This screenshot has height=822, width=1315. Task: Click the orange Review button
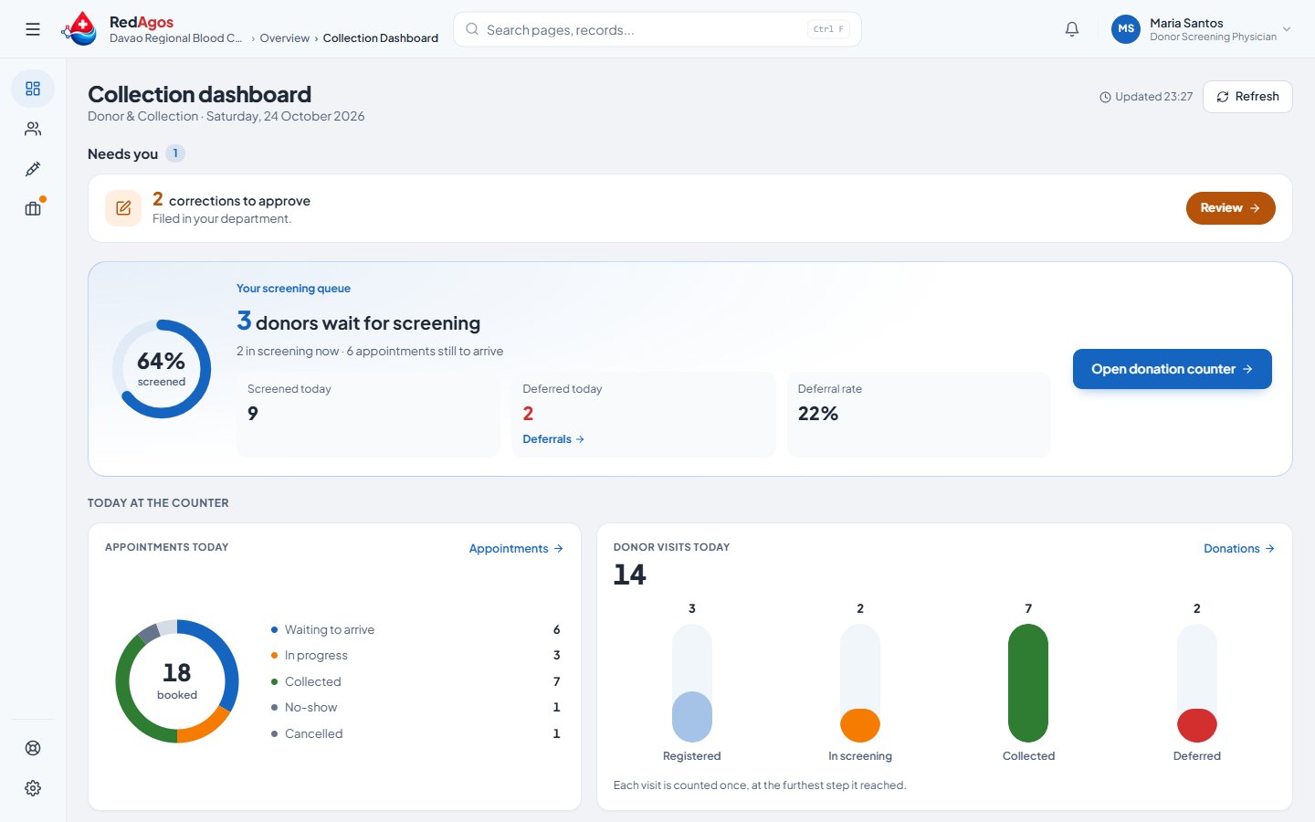[x=1230, y=208]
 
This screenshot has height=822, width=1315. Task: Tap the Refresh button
[x=1247, y=96]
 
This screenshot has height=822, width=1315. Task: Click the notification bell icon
[x=1072, y=29]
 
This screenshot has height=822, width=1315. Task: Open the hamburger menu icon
[x=33, y=29]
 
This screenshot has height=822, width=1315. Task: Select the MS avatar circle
[x=1125, y=29]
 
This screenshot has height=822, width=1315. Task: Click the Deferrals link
[x=553, y=439]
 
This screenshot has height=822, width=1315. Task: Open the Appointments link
[x=516, y=548]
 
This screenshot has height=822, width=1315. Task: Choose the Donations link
[x=1238, y=548]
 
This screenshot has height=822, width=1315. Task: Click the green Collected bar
[x=1028, y=683]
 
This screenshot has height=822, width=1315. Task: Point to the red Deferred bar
[x=1196, y=725]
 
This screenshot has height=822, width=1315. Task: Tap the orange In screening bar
[x=860, y=725]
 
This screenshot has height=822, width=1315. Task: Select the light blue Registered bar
[x=691, y=717]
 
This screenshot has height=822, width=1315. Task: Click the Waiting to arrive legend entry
[x=322, y=629]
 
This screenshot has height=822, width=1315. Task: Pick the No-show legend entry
[x=304, y=707]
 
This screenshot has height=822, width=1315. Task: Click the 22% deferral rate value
[x=818, y=414]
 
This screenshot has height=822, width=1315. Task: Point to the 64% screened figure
[x=161, y=361]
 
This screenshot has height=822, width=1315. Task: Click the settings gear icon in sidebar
[x=33, y=788]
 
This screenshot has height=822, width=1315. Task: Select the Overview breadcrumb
[x=284, y=38]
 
